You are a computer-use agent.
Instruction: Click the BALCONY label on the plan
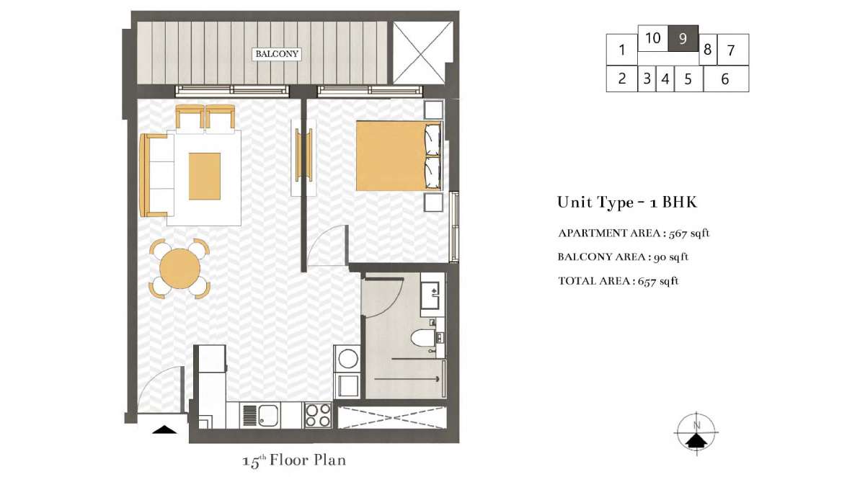point(277,53)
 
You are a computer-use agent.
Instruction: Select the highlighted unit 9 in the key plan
point(683,38)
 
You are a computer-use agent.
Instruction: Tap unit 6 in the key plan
point(726,79)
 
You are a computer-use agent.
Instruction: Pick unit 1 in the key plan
point(621,50)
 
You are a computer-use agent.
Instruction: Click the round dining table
point(180,268)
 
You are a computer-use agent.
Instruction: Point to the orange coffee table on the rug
point(205,177)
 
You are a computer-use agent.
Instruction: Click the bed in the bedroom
point(399,156)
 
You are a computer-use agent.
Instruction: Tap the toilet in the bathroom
point(423,339)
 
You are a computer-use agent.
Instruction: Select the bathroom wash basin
point(430,295)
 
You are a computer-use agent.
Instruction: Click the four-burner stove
point(318,415)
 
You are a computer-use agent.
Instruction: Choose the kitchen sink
point(268,415)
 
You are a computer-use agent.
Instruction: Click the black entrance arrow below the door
point(164,429)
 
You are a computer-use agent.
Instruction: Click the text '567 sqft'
point(689,233)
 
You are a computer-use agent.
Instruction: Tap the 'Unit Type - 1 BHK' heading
point(627,202)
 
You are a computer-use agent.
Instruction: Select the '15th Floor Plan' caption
point(294,460)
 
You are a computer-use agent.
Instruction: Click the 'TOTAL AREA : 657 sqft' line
point(618,281)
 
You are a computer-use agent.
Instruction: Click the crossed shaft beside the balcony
point(422,53)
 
